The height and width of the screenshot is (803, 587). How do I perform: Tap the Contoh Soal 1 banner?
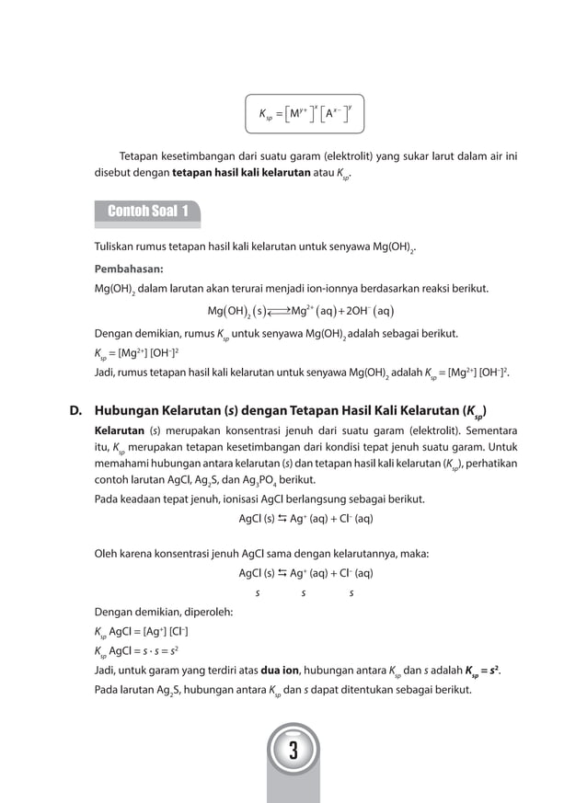pos(148,212)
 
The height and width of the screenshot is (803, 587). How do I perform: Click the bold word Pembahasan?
pos(128,270)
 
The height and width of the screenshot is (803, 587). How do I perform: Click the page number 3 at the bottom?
pos(293,751)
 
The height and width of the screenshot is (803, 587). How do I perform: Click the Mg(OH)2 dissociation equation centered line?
pos(301,310)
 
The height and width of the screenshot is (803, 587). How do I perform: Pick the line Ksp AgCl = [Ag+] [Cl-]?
pos(142,633)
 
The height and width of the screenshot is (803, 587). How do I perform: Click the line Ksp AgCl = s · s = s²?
pos(142,652)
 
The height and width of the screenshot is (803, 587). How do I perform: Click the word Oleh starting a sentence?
pos(108,554)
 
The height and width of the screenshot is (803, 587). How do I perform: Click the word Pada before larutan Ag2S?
pos(108,690)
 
